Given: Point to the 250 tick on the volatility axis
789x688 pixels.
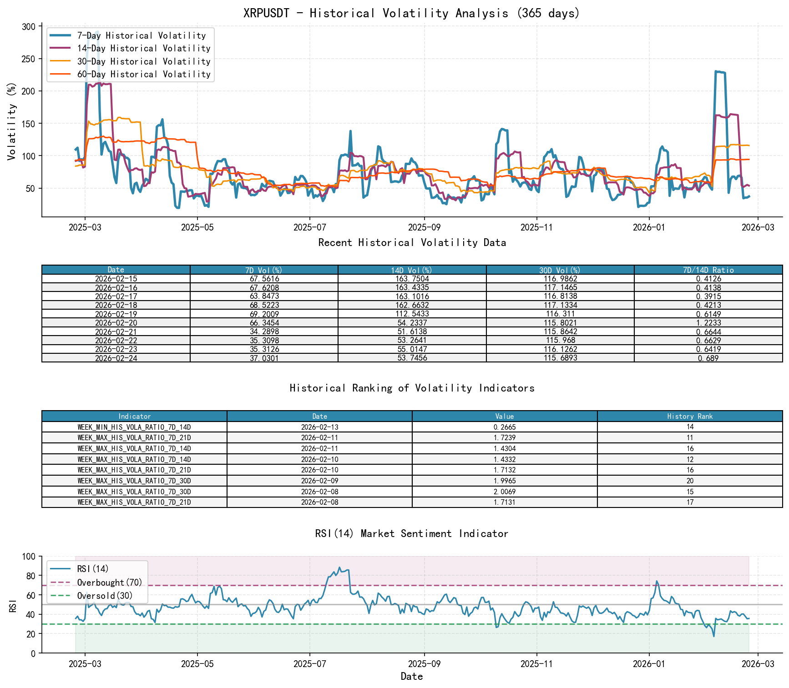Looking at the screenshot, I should [x=28, y=59].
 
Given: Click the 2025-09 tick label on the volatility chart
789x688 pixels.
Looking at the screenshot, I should [x=424, y=227].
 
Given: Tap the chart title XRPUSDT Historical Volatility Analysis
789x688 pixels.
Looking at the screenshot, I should [x=412, y=13].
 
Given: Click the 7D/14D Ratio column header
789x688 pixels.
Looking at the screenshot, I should [x=708, y=270].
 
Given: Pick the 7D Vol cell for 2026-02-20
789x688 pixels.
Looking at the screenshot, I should [x=264, y=323].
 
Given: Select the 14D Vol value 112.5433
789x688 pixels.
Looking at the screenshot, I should [x=412, y=314].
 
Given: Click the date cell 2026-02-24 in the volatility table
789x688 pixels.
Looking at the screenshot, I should [x=116, y=358].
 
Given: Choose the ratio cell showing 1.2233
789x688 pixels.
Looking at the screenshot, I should [x=708, y=323].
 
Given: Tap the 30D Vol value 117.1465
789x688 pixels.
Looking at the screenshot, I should [x=560, y=287].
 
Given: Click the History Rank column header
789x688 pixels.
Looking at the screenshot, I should [x=690, y=416].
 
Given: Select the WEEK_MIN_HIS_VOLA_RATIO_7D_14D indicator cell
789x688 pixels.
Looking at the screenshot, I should [x=134, y=427].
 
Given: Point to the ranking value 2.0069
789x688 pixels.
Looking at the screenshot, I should [x=505, y=492].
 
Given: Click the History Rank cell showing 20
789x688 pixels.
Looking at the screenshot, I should [x=690, y=481].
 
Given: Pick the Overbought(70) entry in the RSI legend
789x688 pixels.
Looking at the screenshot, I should [x=109, y=583].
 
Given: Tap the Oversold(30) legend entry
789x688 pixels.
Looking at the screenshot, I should [x=105, y=596].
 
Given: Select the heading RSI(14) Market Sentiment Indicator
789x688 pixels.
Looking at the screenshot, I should [x=412, y=533].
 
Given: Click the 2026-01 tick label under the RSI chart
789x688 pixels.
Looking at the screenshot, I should [x=649, y=663].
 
